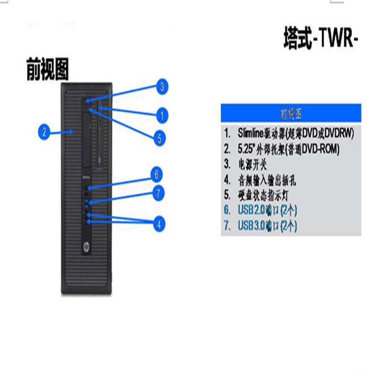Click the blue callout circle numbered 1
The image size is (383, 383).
pyautogui.click(x=162, y=115)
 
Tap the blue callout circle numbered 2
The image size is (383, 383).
pyautogui.click(x=44, y=132)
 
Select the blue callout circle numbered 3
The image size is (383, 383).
pyautogui.click(x=162, y=87)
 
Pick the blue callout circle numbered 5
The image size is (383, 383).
pyautogui.click(x=160, y=139)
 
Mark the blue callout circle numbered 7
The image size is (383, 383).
pyautogui.click(x=158, y=194)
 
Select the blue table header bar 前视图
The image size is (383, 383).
pyautogui.click(x=291, y=113)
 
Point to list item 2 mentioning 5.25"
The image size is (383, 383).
pyautogui.click(x=282, y=149)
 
